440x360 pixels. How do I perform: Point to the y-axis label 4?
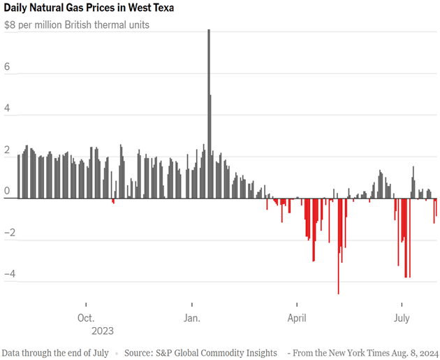8,108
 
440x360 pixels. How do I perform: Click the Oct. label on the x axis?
86,318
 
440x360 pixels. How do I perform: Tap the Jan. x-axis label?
191,318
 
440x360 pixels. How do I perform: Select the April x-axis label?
297,318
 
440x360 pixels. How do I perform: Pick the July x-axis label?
402,318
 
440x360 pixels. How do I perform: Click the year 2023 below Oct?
102,331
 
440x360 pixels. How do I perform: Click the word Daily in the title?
18,8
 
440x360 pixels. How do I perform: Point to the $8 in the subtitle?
10,24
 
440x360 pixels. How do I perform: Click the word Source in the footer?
140,352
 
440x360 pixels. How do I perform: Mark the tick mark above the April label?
297,305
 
